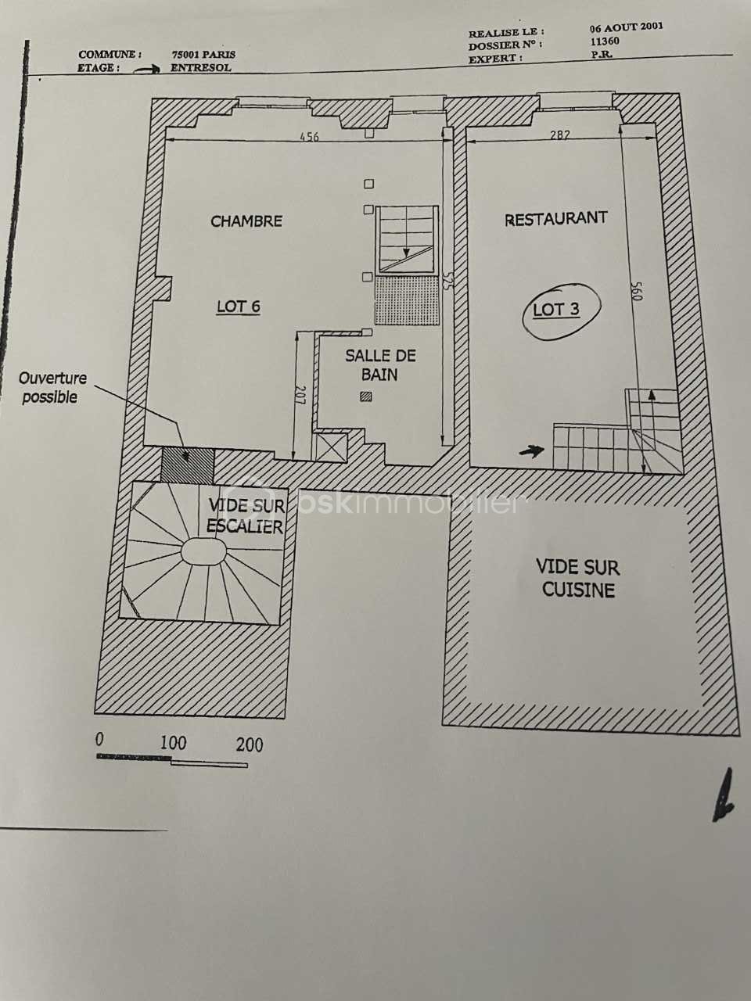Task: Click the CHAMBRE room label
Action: [246, 221]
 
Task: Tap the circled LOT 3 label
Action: [556, 310]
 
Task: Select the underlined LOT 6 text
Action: [239, 307]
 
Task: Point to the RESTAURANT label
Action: [556, 218]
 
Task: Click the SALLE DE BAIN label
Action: [380, 365]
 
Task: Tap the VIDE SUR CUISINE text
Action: [578, 579]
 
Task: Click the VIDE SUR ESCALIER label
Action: [246, 516]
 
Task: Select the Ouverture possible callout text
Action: [52, 387]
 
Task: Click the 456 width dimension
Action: [309, 136]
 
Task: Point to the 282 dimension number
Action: [559, 135]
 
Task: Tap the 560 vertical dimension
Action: [637, 290]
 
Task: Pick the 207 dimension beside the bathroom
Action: [300, 394]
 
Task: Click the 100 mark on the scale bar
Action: [173, 744]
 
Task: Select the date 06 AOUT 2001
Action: [627, 27]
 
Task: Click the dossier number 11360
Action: [605, 41]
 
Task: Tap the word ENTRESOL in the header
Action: [201, 68]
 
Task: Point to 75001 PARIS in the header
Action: [203, 54]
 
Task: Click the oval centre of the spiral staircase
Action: [203, 551]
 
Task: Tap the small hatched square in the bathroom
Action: [365, 396]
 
